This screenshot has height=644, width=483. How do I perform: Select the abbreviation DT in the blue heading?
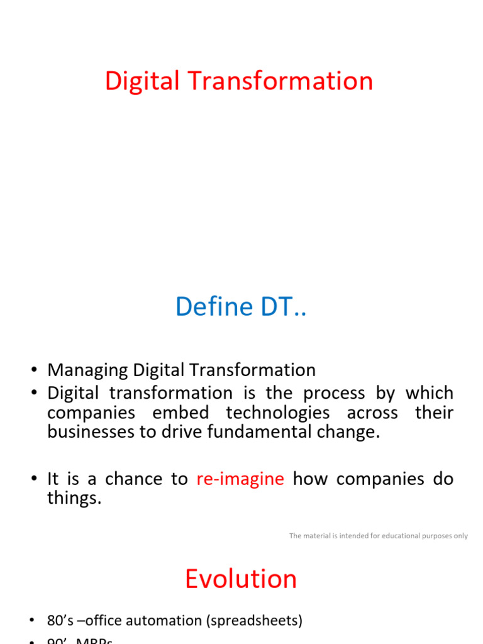pos(275,307)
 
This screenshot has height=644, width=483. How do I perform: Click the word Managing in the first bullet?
pos(87,370)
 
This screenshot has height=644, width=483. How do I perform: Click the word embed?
pos(182,413)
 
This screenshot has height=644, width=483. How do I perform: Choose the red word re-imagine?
pos(240,479)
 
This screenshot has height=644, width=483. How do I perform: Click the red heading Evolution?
pos(241,579)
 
